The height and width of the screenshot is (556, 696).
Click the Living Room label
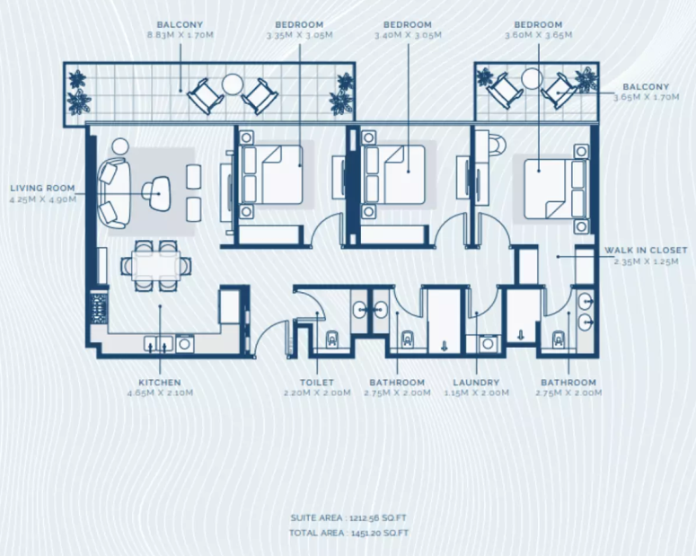pos(42,189)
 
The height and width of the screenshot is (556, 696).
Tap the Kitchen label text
pos(160,383)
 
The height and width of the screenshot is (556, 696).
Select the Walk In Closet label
pos(646,251)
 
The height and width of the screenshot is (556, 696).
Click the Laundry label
pos(476,383)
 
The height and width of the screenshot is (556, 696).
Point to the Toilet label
pos(317,383)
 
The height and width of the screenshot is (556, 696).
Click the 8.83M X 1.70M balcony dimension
pos(181,35)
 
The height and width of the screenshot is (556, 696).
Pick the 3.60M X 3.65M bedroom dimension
pos(539,35)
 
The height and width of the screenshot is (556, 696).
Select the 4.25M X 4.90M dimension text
pos(42,199)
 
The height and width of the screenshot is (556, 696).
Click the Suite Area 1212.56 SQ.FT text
pos(348,517)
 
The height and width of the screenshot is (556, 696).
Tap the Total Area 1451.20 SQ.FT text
pos(348,533)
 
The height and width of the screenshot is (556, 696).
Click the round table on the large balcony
pos(232,84)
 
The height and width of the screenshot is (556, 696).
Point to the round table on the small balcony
pos(532,79)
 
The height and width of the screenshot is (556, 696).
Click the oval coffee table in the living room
pos(156,194)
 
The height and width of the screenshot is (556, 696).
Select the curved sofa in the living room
pos(115,194)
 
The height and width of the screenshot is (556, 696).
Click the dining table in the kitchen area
pos(155,266)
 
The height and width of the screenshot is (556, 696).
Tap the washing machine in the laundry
pos(489,343)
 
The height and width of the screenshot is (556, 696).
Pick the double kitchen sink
pos(158,344)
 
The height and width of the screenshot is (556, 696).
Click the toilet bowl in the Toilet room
pos(332,340)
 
